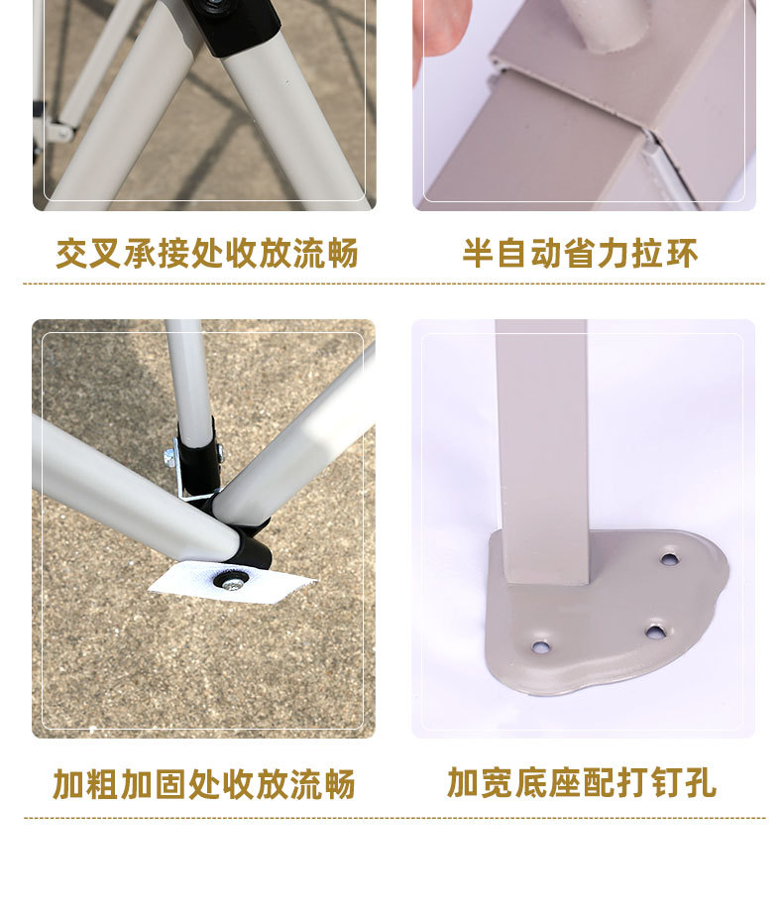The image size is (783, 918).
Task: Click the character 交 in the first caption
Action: pos(72,254)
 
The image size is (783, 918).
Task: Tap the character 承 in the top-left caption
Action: pos(140,254)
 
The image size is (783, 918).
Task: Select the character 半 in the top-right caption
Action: pos(478,254)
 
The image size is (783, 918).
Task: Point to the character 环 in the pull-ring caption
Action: pos(682,254)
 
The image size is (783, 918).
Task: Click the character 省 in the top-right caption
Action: pos(581,254)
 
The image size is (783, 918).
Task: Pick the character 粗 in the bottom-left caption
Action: pos(102,784)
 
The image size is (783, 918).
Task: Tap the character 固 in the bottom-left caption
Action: pos(170,784)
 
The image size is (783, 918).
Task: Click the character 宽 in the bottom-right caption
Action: pos(498,783)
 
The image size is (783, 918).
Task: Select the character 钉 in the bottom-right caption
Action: pos(667,783)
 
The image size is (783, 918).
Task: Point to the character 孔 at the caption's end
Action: pos(701,783)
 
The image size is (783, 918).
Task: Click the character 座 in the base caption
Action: pos(565,783)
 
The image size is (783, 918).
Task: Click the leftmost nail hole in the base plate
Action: pos(542,647)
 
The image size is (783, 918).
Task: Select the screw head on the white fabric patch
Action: pos(232,583)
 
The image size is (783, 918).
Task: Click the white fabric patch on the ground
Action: pos(231,581)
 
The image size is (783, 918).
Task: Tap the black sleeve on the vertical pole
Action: pos(199,463)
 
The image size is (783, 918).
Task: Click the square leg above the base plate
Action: pos(541,452)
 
